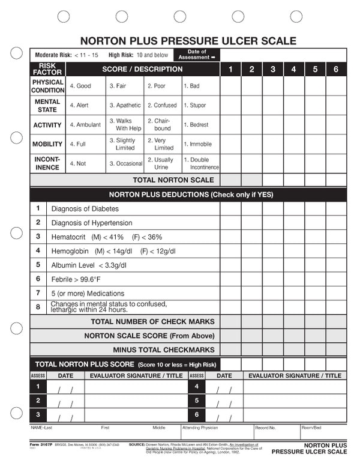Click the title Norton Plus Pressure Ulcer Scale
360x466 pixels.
point(188,41)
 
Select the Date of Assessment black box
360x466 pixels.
point(197,55)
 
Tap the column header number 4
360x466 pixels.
point(293,69)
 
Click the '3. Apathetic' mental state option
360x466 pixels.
point(125,105)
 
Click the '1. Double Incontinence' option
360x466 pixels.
point(201,164)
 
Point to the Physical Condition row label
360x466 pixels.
point(48,86)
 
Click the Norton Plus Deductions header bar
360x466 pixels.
point(188,195)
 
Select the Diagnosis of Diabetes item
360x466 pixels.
point(85,208)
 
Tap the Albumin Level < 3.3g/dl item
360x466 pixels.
point(89,265)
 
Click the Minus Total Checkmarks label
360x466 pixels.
point(163,349)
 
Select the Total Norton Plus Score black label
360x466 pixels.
point(125,364)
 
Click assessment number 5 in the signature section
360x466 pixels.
point(197,400)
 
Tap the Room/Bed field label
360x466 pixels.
point(312,428)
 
